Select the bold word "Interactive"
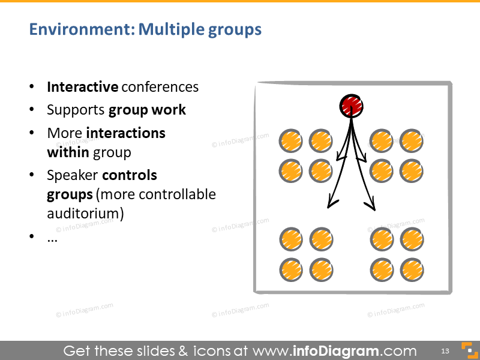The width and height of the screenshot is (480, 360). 82,87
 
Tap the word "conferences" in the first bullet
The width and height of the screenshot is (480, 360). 160,87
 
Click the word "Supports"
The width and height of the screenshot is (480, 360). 76,110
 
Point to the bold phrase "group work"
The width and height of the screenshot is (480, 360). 147,110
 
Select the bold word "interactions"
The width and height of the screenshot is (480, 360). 125,133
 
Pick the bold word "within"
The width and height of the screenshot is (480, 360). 68,152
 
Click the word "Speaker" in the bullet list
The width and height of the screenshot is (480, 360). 72,175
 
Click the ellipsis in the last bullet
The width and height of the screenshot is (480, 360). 52,238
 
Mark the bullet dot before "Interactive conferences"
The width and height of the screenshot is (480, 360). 32,88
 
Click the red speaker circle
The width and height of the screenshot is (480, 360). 351,106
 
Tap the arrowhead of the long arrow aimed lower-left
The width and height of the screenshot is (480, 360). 329,206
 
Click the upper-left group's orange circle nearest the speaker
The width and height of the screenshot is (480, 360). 321,142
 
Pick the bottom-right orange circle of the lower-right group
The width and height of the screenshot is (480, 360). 412,271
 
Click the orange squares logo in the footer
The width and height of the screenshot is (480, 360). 468,350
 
